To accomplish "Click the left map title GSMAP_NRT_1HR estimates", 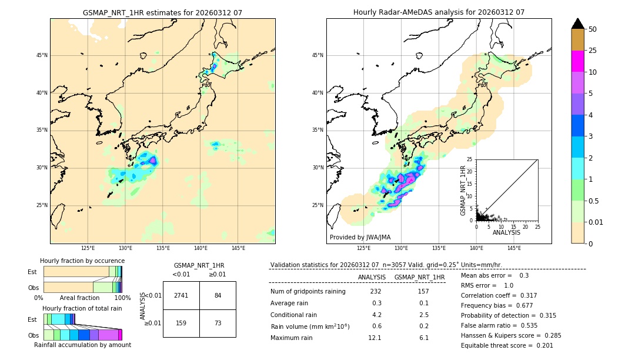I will [162, 12].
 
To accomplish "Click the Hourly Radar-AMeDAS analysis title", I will [439, 12].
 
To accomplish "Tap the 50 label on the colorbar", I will [593, 29].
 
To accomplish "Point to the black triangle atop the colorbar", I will [578, 24].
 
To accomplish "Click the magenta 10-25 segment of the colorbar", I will [578, 61].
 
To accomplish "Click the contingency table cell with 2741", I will [181, 295].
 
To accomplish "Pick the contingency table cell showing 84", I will [218, 295].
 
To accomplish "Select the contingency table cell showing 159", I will [181, 323].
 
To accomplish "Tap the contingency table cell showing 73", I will [218, 323].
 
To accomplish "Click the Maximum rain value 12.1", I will [375, 338].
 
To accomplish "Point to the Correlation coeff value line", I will [499, 295].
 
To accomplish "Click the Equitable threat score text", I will [507, 345].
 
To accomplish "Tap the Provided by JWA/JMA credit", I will [360, 238].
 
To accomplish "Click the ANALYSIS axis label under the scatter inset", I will [506, 232].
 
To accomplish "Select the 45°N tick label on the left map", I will [42, 55].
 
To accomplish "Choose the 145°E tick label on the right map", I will [514, 248].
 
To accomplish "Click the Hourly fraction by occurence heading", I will [82, 261].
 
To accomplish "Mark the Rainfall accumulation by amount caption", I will [82, 345].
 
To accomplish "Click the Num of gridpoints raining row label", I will [308, 292].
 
